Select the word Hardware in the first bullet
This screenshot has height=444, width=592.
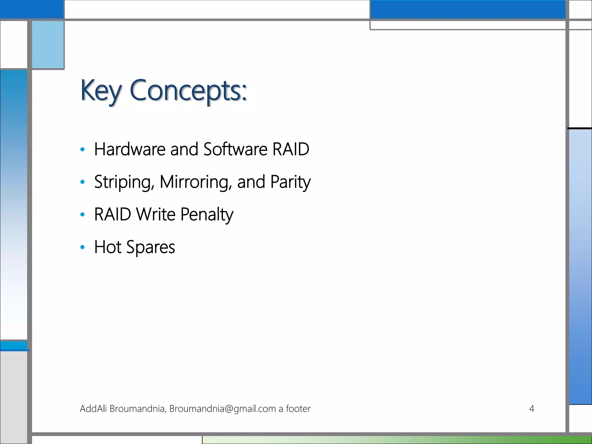click(x=130, y=149)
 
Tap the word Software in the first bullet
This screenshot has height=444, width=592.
click(x=235, y=149)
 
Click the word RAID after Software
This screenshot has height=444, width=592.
click(x=291, y=149)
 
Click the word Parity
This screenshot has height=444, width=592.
click(x=291, y=182)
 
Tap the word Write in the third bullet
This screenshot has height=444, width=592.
click(x=156, y=215)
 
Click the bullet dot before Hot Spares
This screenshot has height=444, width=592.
click(x=83, y=247)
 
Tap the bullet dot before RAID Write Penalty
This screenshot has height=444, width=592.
click(x=83, y=214)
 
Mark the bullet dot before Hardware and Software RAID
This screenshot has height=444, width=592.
click(x=83, y=149)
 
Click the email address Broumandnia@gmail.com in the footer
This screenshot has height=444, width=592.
click(x=223, y=409)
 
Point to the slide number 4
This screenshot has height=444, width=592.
click(x=531, y=408)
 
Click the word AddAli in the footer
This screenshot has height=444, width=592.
click(x=93, y=409)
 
